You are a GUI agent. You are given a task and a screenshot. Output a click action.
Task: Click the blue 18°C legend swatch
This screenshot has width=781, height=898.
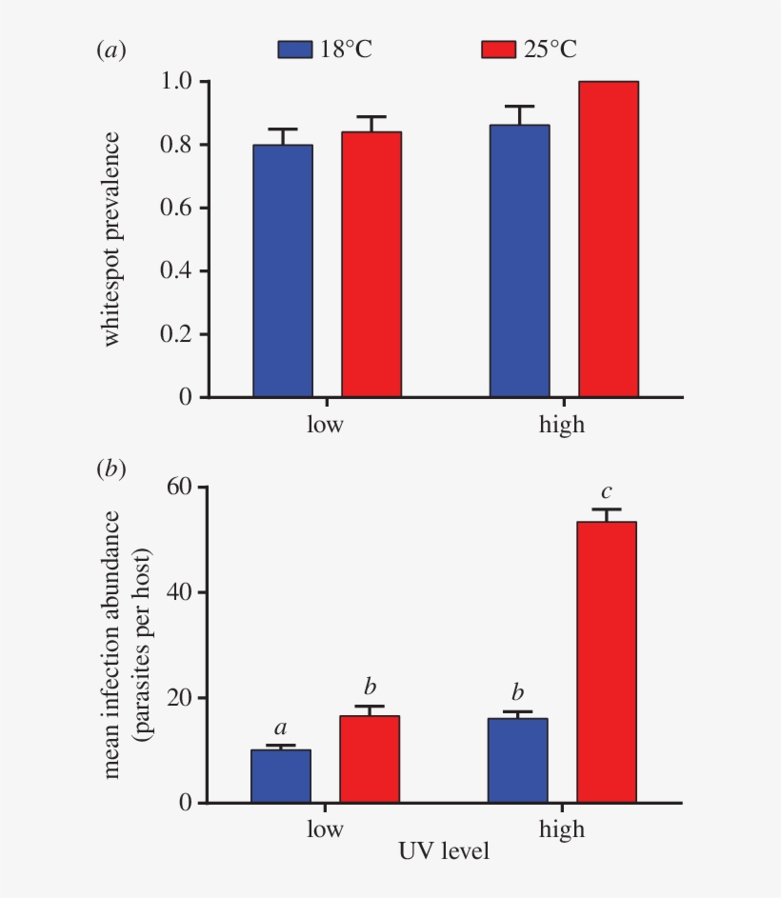tap(294, 50)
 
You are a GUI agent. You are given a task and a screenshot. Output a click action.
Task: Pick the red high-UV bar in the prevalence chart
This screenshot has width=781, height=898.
tap(609, 238)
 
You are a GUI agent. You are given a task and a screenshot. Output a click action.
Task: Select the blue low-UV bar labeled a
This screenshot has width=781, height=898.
tap(281, 776)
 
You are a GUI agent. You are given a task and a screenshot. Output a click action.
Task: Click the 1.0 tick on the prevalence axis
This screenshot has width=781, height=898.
tap(179, 82)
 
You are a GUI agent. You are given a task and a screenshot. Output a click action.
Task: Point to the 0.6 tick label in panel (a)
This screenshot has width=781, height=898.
tap(179, 208)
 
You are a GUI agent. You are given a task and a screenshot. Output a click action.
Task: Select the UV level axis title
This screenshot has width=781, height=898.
tap(444, 851)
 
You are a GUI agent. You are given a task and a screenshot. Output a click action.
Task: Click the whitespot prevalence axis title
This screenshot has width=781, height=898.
tap(112, 240)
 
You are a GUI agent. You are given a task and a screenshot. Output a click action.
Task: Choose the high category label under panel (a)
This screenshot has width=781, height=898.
tap(562, 424)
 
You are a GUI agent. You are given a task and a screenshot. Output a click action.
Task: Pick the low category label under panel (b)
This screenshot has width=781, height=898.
tap(325, 829)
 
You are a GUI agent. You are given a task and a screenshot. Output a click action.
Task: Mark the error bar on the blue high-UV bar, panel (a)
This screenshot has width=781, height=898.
tap(520, 114)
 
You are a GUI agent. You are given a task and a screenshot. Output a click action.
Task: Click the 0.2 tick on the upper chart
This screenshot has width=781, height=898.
tap(179, 334)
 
